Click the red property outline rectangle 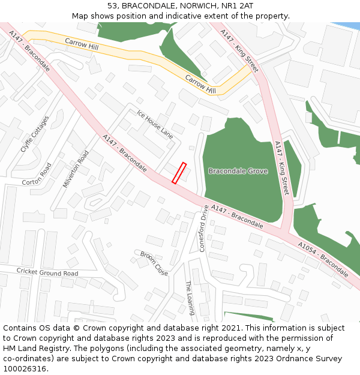179,173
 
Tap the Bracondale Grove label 238,171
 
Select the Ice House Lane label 154,125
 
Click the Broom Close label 154,263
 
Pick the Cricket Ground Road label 47,273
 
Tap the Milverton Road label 75,169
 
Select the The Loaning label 190,298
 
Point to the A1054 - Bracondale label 323,259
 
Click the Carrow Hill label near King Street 200,85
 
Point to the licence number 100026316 25,368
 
